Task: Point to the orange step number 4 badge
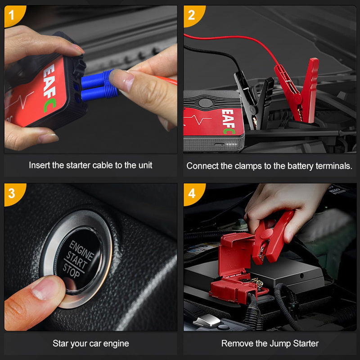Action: (193, 194)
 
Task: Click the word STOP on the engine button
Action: (71, 271)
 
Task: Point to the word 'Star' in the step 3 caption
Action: (60, 343)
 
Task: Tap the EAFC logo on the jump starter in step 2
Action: (228, 121)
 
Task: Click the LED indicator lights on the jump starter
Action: (231, 144)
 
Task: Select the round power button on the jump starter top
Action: (205, 103)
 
